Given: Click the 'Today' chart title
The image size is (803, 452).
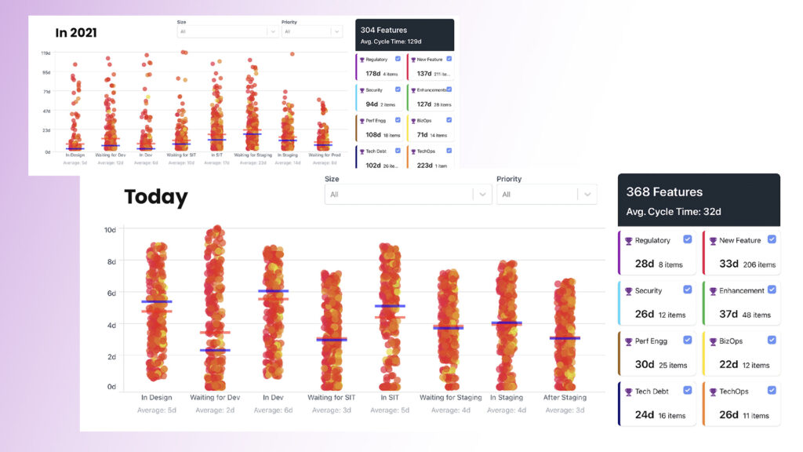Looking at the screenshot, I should point(156,197).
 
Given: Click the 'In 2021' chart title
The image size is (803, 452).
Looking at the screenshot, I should point(76,33).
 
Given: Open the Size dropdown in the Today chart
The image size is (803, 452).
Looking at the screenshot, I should point(408,194).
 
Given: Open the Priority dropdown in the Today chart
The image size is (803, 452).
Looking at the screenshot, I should point(547,194).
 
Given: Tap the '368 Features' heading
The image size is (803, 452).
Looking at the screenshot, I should point(664,191).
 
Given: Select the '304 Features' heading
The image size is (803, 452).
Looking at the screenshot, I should point(384,30).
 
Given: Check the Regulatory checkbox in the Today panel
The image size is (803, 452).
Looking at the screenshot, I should point(688,239).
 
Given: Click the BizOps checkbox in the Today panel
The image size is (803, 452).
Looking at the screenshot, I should point(772,340).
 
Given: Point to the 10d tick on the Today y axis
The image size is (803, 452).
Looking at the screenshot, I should point(110,230).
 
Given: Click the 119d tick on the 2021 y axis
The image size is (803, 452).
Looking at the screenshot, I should point(46,53).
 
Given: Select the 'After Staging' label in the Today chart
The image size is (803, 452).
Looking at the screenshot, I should point(564,398).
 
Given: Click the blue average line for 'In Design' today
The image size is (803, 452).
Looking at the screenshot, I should point(157,301).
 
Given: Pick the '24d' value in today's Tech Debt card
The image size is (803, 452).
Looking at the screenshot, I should point(644,415).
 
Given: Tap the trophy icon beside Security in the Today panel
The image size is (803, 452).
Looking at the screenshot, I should point(628,291).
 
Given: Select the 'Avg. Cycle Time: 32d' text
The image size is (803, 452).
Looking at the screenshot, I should point(674,212).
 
